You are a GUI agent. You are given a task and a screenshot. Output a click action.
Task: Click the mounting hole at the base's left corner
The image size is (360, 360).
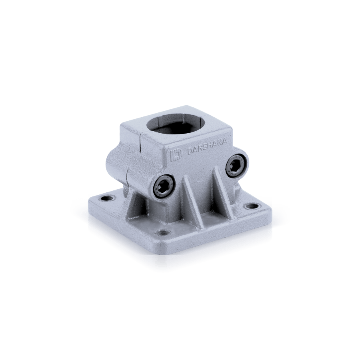click(x=107, y=198)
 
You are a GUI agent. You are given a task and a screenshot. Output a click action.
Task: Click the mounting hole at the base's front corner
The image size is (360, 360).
click(x=161, y=233)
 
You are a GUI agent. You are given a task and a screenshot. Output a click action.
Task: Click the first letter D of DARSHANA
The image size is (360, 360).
click(x=190, y=152)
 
